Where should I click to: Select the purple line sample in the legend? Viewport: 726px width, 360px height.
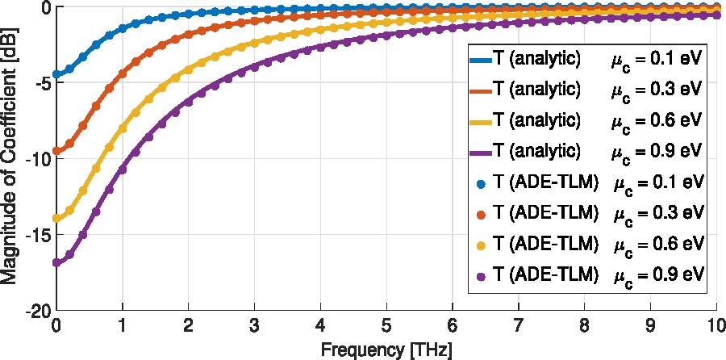point(481,150)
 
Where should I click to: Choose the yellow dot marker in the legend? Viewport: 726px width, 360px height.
point(481,245)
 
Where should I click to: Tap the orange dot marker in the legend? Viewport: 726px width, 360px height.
point(481,214)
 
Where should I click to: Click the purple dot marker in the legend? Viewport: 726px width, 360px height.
point(481,276)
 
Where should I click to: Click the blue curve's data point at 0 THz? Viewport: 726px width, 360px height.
point(56,74)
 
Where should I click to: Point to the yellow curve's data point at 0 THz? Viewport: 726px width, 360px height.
point(56,218)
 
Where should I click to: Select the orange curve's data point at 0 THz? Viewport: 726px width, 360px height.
point(56,151)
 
